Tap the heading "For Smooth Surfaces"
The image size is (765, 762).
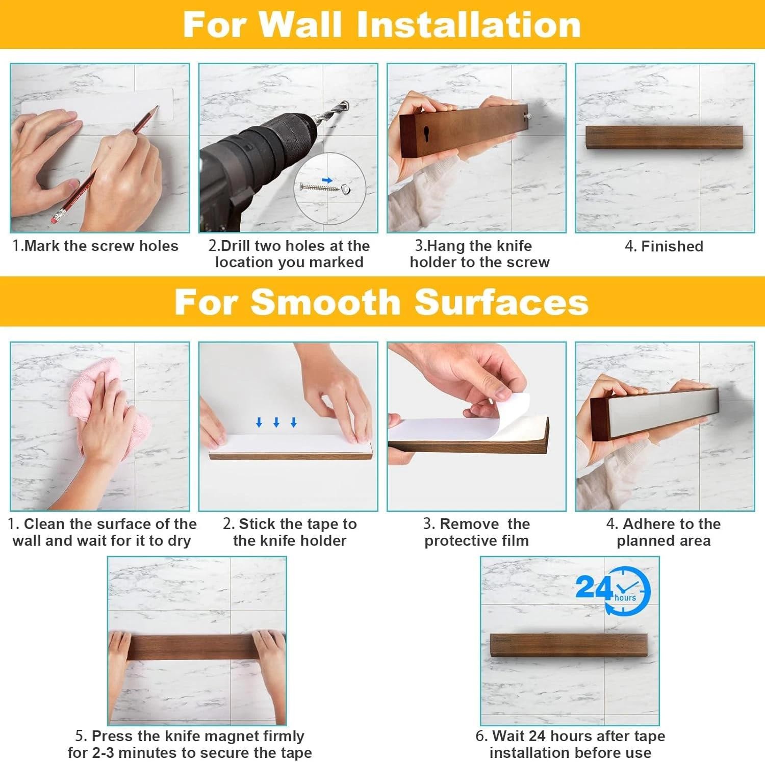click(x=381, y=302)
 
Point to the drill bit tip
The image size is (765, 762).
click(x=346, y=102)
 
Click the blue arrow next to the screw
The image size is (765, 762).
click(x=327, y=180)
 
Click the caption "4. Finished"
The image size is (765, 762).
click(x=664, y=246)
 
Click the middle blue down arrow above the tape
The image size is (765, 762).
click(x=276, y=422)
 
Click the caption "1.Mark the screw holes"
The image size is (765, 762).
click(x=95, y=246)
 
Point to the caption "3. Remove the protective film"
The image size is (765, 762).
click(x=476, y=532)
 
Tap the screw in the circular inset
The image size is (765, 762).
click(x=320, y=187)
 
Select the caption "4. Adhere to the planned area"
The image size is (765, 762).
click(x=664, y=532)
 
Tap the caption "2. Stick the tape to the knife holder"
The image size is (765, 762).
click(x=290, y=532)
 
